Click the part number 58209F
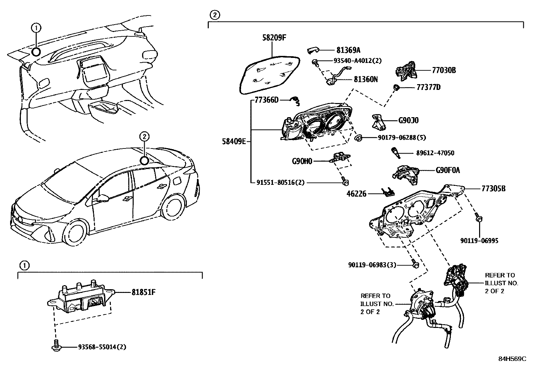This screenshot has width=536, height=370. pyautogui.click(x=274, y=38)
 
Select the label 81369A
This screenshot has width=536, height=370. pyautogui.click(x=348, y=51)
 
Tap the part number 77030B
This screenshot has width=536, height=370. pyautogui.click(x=444, y=70)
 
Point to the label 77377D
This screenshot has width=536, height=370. pyautogui.click(x=428, y=88)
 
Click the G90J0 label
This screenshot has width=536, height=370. pyautogui.click(x=408, y=121)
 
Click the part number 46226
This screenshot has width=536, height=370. pyautogui.click(x=357, y=194)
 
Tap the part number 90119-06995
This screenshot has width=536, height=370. pyautogui.click(x=479, y=241)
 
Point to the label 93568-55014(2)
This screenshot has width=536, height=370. pyautogui.click(x=102, y=347)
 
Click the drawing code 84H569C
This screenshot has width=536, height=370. pyautogui.click(x=512, y=359)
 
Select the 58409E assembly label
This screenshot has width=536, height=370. pyautogui.click(x=234, y=141)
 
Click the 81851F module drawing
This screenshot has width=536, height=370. pyautogui.click(x=81, y=298)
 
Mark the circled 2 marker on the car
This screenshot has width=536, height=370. pyautogui.click(x=144, y=160)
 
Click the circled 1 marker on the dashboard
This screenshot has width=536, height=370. pyautogui.click(x=36, y=52)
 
